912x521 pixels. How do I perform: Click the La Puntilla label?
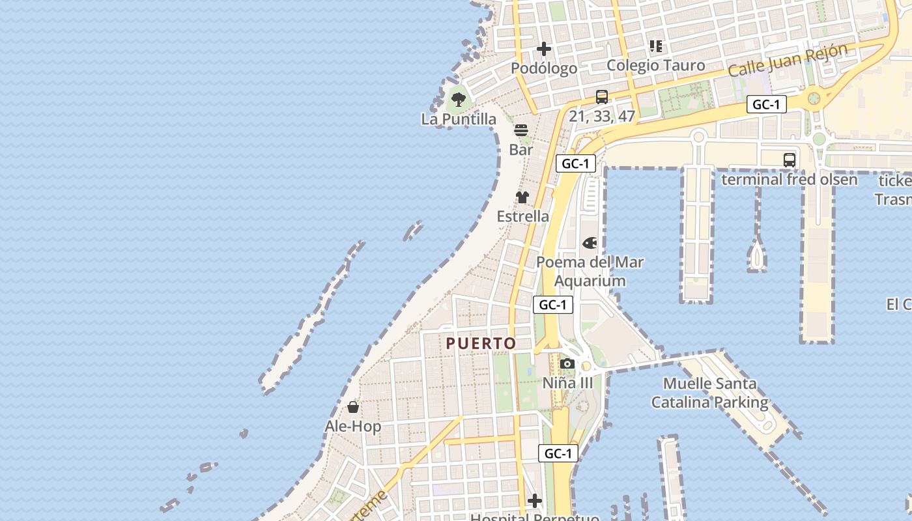coord(459,119)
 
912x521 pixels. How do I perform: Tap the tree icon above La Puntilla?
coord(459,100)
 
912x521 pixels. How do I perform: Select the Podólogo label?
coord(544,68)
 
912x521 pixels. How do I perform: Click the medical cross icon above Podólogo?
coord(544,49)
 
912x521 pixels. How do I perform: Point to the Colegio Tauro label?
coord(656,65)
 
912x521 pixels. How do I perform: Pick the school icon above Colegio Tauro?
coord(656,46)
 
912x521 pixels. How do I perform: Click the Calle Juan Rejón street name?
coord(788,60)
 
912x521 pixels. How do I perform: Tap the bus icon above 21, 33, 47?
coord(602,97)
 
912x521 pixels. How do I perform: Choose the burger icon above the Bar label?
coord(521,130)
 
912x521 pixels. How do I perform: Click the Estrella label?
coord(522,216)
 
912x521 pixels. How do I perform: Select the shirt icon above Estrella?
coord(522,197)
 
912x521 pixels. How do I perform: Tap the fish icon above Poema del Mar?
coord(590,243)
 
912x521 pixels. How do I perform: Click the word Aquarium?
coord(590,281)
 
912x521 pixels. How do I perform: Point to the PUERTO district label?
coord(481,343)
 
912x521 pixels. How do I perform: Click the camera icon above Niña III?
coord(567,363)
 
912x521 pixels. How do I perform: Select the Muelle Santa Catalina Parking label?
coord(709,393)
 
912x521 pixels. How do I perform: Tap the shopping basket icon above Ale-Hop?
coord(353,408)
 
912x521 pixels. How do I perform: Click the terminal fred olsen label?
coord(790,179)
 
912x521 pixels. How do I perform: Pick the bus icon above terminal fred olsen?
coord(790,160)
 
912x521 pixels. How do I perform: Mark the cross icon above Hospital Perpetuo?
coord(535,501)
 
